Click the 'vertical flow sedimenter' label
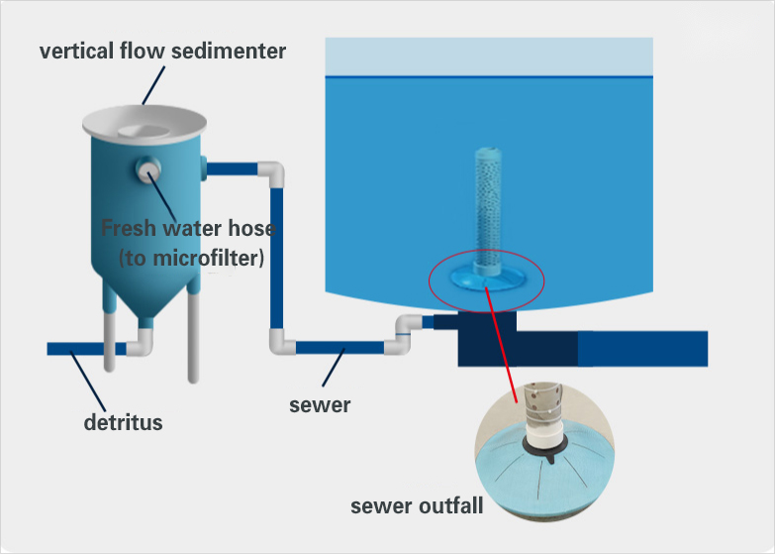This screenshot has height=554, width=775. pos(162,51)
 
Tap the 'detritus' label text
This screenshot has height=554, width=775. pos(123,423)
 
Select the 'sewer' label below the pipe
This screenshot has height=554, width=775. pos(320,404)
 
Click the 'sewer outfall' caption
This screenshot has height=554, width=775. pos(417,506)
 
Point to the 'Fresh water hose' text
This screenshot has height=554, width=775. pos(189,229)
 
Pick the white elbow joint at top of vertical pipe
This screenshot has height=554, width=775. pos(273,173)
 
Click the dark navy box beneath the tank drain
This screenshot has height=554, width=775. pos(485,341)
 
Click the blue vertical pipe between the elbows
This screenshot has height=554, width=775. pos(278,258)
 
